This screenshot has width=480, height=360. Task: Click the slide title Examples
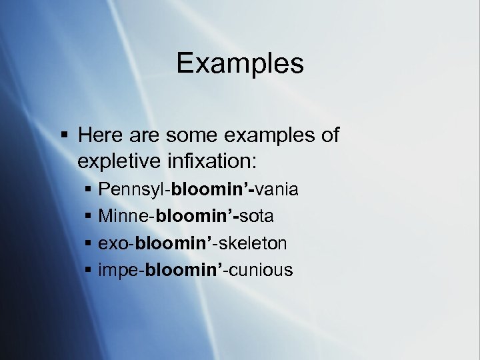coord(240,64)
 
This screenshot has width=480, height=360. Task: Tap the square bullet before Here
coord(64,136)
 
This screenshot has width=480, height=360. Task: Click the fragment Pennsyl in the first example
coord(131,190)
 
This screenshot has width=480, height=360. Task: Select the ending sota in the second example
coord(257,217)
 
